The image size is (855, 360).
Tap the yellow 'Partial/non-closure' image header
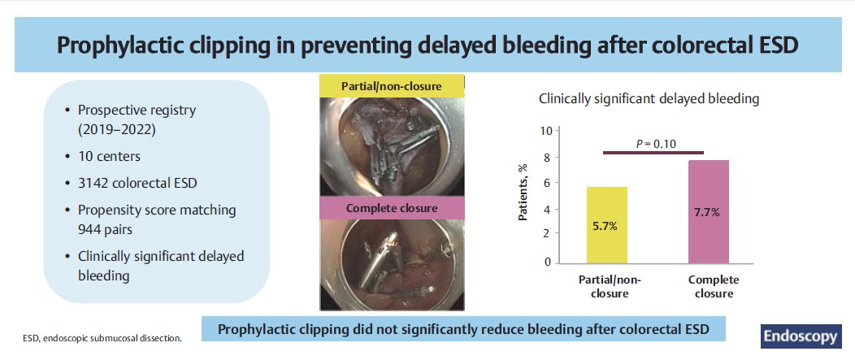pos(392,86)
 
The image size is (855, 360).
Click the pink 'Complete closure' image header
pos(392,208)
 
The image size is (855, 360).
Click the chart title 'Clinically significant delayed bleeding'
pos(649,99)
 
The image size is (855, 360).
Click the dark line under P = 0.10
pos(653,153)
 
